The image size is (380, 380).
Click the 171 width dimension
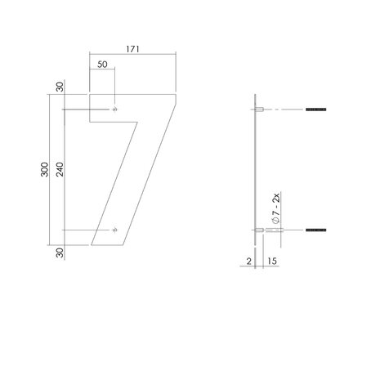pos(133,49)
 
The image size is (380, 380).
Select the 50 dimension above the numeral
pos(101,63)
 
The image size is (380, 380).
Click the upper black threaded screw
pos(315,109)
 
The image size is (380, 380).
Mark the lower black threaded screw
pos(315,231)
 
